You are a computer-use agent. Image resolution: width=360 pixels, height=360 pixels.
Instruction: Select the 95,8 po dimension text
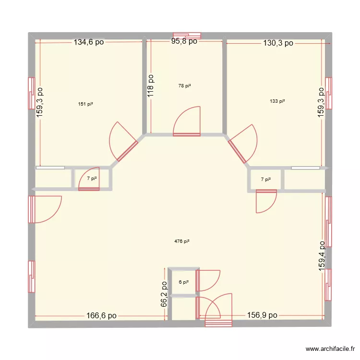point(184,42)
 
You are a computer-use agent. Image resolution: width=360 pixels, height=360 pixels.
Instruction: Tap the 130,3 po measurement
point(278,43)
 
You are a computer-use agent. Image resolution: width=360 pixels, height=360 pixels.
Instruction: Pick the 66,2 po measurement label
point(164,294)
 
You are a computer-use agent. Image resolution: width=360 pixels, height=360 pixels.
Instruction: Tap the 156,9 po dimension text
point(263,315)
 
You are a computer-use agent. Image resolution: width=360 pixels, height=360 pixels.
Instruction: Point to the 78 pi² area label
point(184,86)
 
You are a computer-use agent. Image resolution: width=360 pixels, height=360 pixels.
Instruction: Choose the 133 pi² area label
point(277,101)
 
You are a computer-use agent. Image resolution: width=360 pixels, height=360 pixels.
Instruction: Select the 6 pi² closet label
point(184,282)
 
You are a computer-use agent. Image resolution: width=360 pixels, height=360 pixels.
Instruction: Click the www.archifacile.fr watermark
point(331,349)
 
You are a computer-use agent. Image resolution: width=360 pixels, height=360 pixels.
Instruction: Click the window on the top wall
point(187,35)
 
